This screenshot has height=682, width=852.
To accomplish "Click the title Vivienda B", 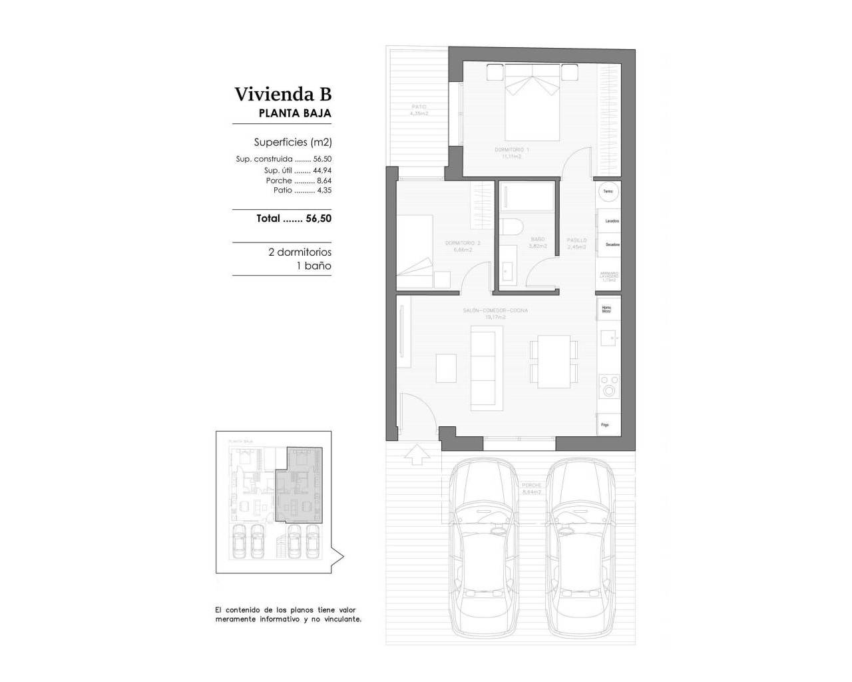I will (x=282, y=94).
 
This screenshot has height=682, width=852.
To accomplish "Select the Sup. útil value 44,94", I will (x=322, y=170).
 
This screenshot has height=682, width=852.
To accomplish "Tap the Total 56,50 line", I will (x=294, y=218).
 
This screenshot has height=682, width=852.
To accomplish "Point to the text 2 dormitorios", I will (x=300, y=252).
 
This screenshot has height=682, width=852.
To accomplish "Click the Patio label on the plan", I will (x=419, y=110).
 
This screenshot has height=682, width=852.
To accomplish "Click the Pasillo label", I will (x=576, y=243).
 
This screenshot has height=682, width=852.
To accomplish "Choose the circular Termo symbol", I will (x=608, y=192).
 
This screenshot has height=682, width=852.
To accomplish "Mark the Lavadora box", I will (x=610, y=220).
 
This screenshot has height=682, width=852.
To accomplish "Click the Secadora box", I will (x=610, y=244).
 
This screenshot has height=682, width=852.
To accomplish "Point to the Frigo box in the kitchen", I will (x=609, y=424).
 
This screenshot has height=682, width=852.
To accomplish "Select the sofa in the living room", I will (x=483, y=366).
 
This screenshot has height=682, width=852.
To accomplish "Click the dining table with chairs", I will (x=553, y=361).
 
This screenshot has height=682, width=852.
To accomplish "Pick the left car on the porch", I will (x=484, y=546).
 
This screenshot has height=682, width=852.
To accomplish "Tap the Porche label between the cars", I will (x=532, y=489).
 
